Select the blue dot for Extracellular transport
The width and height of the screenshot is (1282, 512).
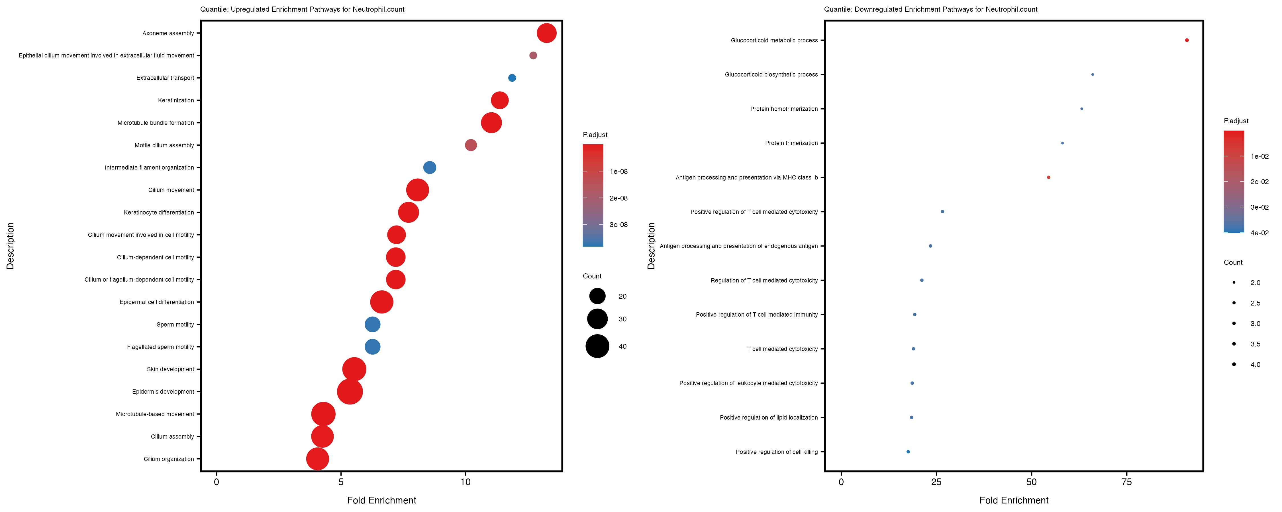pos(512,78)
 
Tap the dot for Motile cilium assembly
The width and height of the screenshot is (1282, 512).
pos(470,145)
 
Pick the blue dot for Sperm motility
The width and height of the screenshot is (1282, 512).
pos(372,325)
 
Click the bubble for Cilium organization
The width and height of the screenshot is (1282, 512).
pos(318,459)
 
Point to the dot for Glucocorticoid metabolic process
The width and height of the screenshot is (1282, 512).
pos(1187,40)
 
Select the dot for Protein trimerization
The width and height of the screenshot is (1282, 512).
pos(1062,143)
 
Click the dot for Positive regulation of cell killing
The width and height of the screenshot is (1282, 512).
pos(908,452)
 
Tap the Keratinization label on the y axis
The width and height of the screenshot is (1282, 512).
pos(176,100)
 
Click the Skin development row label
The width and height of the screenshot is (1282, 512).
pos(170,369)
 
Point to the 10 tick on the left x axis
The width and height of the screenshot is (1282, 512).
pos(465,482)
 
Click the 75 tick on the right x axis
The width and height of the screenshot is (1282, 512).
pos(1126,482)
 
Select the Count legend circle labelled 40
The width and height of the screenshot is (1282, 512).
pos(597,346)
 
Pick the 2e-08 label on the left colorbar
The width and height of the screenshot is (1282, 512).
pos(618,198)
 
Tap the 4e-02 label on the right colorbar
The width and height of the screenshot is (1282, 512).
pos(1259,233)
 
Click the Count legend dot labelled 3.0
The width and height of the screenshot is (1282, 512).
pos(1234,324)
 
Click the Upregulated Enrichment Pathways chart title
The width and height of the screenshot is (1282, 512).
pos(302,9)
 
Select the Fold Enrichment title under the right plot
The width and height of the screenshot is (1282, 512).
pos(1013,500)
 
